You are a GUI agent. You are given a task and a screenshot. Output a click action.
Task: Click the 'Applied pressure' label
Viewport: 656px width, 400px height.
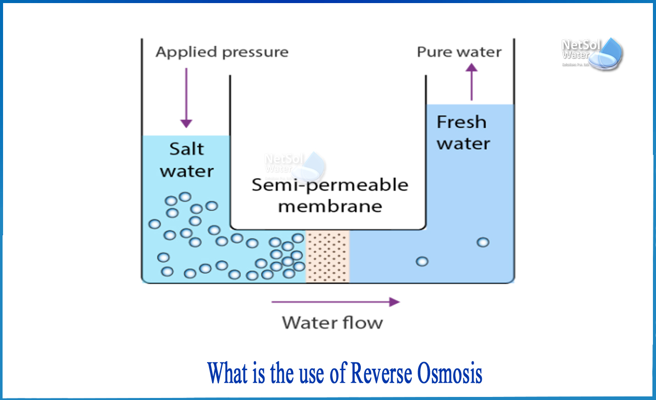coord(222,52)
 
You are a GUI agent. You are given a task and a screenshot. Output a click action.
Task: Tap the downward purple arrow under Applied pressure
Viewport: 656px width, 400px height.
coord(186,97)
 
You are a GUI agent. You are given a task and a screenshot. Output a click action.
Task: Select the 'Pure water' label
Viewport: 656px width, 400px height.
coord(459,52)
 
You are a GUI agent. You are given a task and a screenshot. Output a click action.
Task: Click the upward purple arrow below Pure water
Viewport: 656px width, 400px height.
coord(471,82)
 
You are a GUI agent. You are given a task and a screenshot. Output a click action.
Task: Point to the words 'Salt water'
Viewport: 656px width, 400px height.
coord(187,159)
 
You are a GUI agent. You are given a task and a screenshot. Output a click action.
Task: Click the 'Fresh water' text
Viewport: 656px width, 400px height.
coord(463,132)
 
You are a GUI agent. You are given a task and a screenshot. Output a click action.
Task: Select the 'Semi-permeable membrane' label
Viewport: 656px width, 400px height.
coord(330,195)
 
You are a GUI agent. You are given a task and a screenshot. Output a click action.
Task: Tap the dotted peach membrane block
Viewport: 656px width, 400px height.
coord(328,256)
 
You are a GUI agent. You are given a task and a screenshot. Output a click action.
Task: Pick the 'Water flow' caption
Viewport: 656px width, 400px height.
coord(332,323)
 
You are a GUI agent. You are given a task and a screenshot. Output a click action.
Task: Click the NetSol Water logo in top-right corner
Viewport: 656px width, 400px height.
coord(592,53)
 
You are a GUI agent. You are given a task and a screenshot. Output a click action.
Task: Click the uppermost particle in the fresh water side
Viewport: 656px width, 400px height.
coord(483,242)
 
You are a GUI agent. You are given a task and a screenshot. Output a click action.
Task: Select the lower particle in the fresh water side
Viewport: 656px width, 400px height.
coord(422,262)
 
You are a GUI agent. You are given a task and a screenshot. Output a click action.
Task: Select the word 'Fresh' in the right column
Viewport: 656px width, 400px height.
coord(461,122)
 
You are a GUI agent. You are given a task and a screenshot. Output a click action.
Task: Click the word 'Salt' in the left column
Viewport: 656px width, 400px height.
coord(187,149)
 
